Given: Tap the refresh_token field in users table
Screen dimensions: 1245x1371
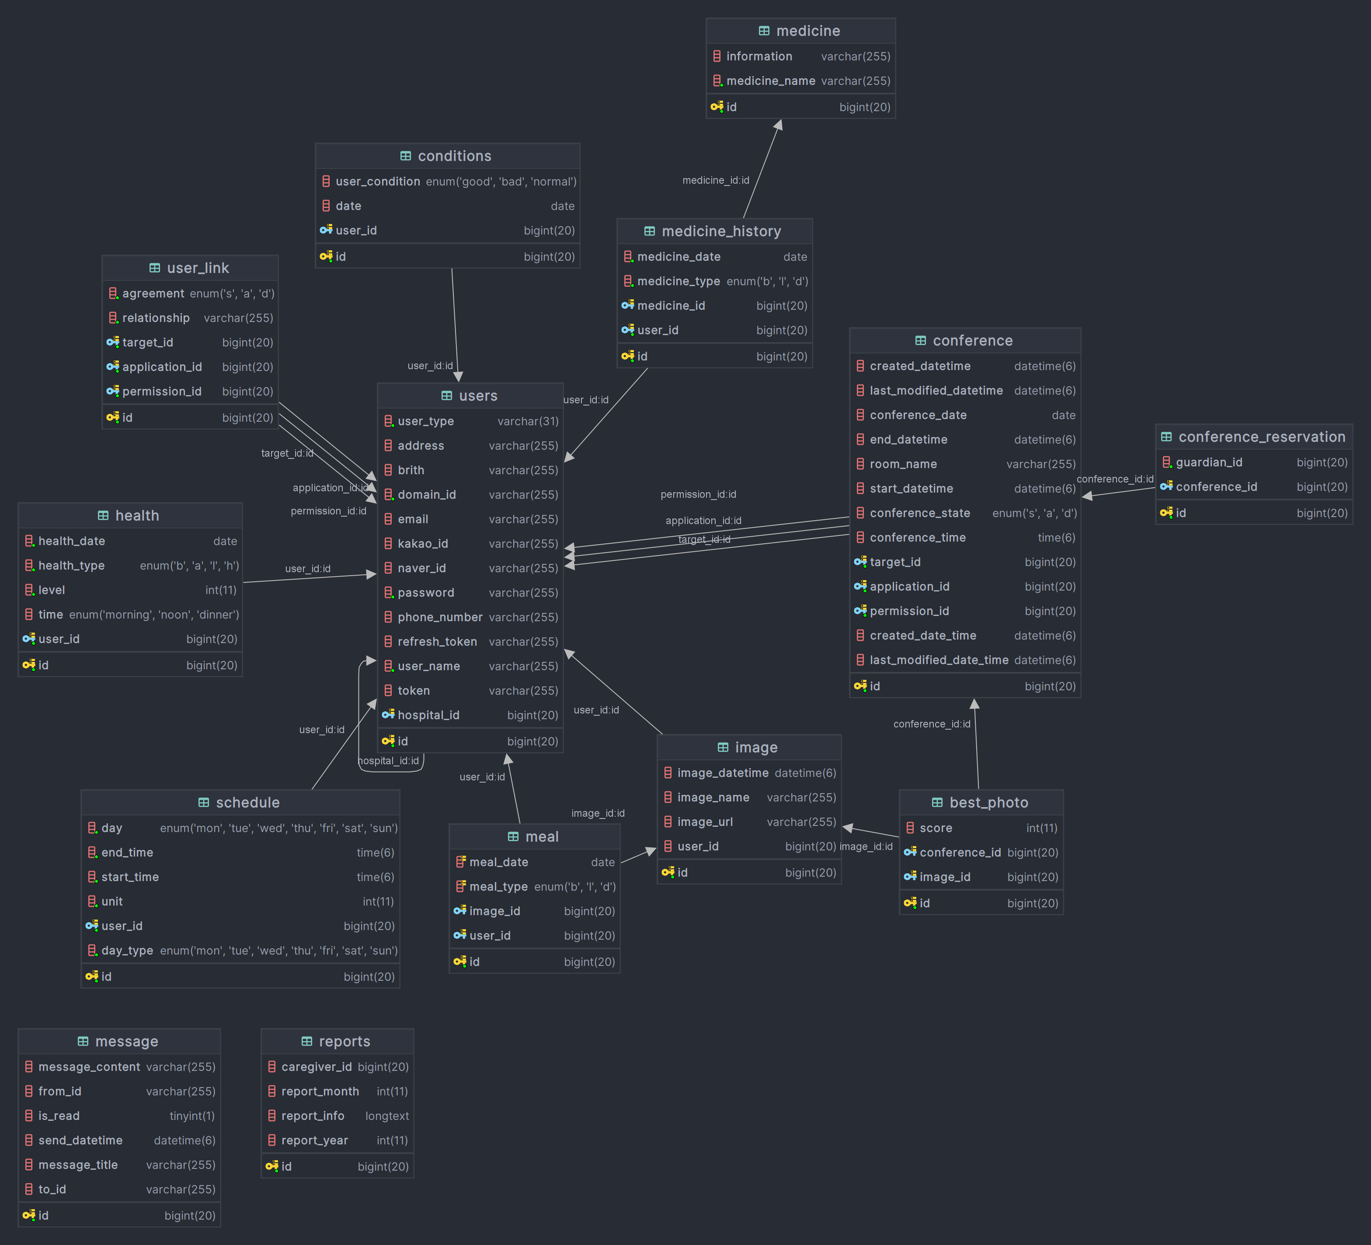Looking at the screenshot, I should click(437, 642).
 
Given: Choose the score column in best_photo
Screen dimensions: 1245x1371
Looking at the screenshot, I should click(935, 828).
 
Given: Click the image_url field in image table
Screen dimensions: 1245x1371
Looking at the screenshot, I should click(705, 822).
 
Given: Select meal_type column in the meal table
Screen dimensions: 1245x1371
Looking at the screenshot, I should click(498, 886).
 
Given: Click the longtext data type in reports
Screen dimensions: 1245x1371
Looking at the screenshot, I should click(386, 1116).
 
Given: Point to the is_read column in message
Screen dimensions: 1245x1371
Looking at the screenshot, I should click(59, 1116).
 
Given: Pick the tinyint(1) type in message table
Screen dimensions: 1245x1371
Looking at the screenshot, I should click(192, 1116).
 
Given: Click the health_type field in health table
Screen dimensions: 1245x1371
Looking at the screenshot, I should click(71, 565).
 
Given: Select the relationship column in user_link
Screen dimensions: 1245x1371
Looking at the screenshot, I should click(155, 318).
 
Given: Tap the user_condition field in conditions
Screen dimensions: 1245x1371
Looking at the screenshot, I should click(377, 182).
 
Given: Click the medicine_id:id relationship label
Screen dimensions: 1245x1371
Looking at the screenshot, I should click(715, 180).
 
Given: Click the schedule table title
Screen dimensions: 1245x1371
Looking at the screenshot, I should click(247, 803).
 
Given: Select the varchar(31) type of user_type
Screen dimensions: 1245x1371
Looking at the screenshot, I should click(528, 421).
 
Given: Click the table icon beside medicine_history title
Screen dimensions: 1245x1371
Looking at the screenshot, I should click(650, 231).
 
